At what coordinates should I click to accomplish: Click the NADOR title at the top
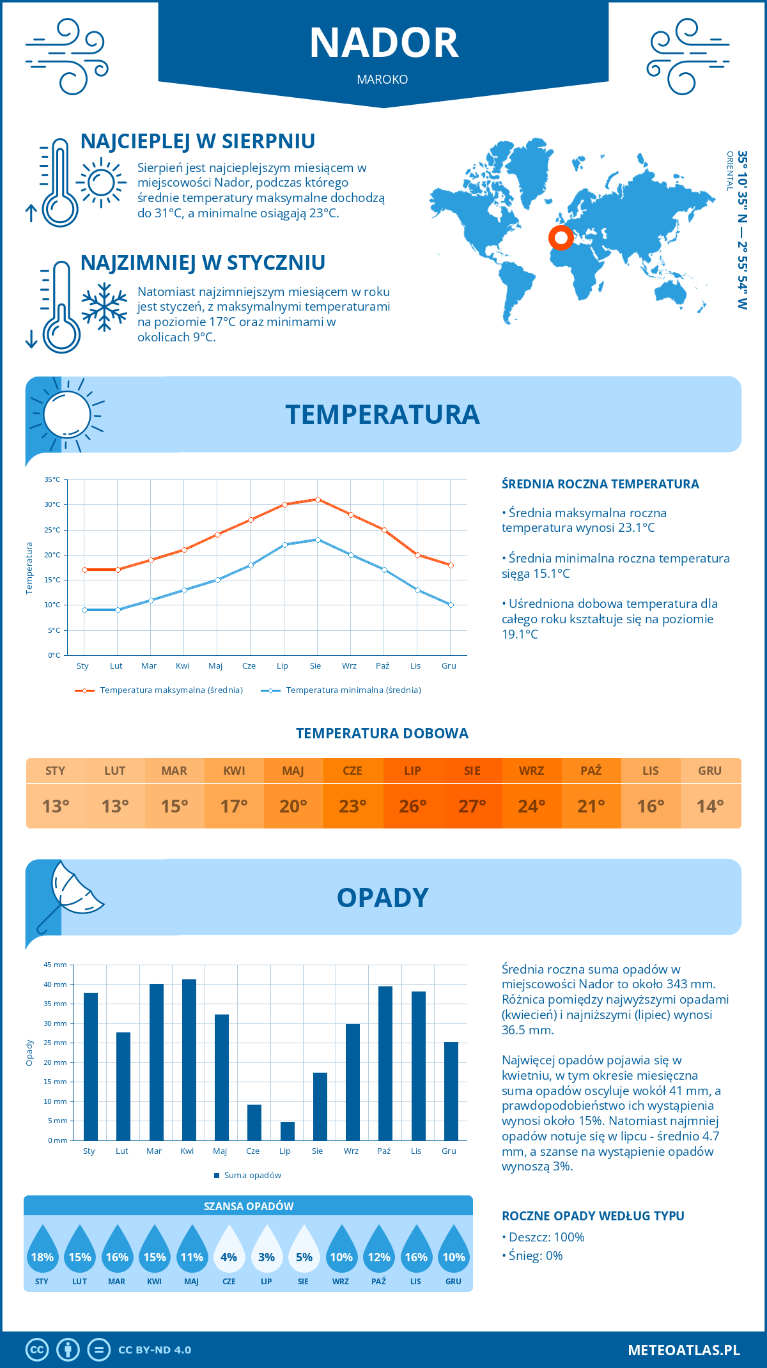[x=383, y=43]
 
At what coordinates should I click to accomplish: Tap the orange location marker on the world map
[x=561, y=238]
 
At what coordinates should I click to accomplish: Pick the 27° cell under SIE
[x=472, y=806]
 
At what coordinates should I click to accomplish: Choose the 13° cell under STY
[x=56, y=806]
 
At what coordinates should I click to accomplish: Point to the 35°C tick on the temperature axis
[x=52, y=479]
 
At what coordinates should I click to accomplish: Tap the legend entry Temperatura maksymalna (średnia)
[x=159, y=690]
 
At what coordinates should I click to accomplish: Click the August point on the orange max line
[x=318, y=499]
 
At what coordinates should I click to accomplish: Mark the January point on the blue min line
[x=84, y=610]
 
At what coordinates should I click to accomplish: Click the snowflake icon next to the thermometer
[x=104, y=307]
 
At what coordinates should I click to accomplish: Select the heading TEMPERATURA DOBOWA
[x=382, y=733]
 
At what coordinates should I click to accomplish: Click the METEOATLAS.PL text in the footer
[x=683, y=1349]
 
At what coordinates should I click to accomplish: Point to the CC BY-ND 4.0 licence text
[x=155, y=1349]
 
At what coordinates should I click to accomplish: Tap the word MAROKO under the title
[x=382, y=79]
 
